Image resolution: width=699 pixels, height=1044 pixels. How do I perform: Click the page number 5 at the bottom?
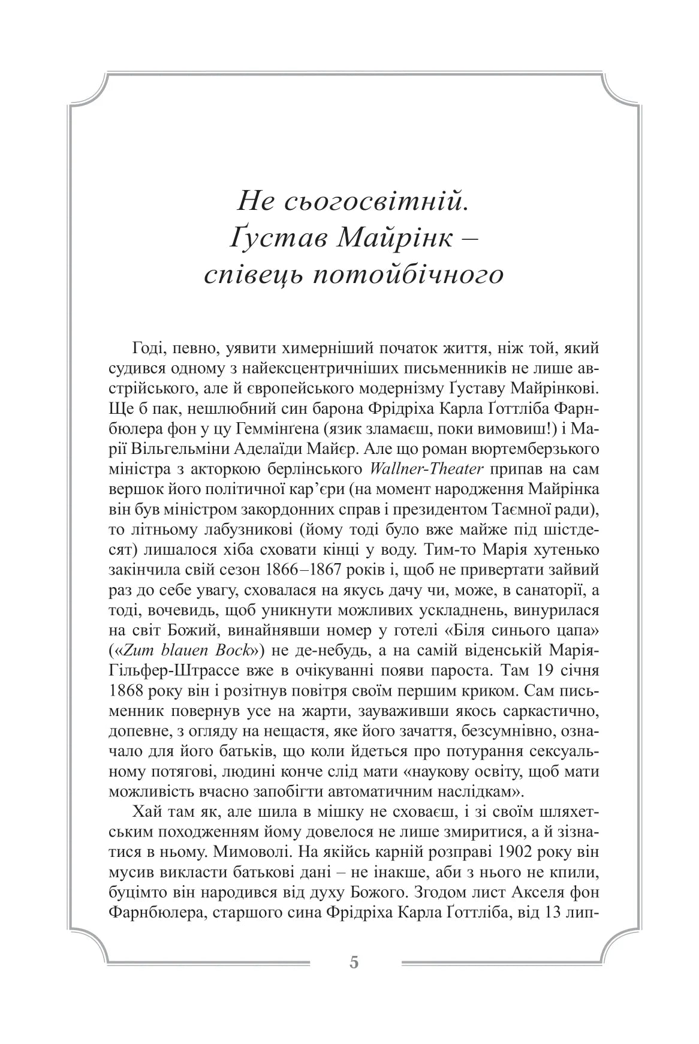point(353,962)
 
